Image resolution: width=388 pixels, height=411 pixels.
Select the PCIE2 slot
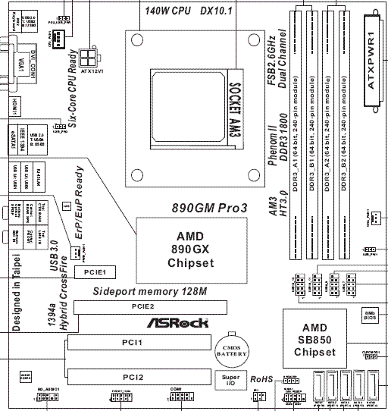[144, 307]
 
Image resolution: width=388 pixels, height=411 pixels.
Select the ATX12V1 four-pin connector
[89, 58]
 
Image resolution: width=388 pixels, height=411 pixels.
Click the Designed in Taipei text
[15, 294]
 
